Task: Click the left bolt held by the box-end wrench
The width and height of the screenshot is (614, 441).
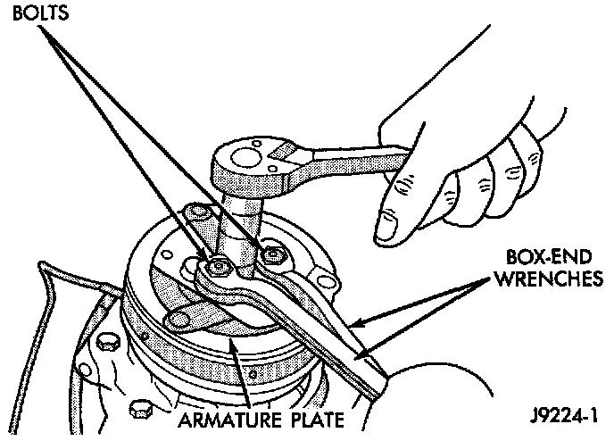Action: point(218,266)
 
